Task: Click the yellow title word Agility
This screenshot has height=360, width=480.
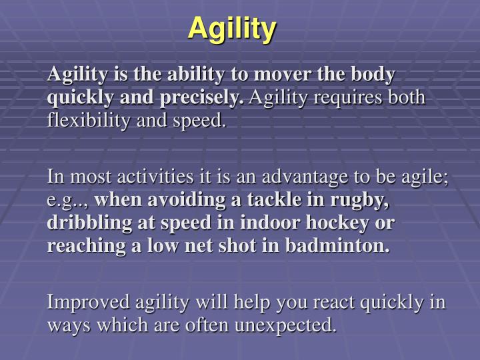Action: (232, 28)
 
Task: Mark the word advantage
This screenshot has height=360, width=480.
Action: (305, 177)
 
